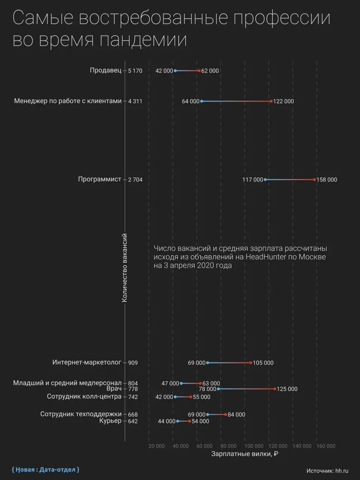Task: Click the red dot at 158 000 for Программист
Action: coord(314,180)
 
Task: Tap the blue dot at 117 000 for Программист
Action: coord(265,180)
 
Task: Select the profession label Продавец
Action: coord(105,70)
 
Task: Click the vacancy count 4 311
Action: coord(135,102)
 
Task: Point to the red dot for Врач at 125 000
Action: coord(275,389)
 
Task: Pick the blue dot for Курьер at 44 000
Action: coord(178,421)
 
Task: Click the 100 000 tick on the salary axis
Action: coord(253,446)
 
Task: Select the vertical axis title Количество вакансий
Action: coord(124,268)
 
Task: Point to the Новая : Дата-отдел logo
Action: coord(45,469)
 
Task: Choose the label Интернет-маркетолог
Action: coord(86,363)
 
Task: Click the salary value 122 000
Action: coord(284,102)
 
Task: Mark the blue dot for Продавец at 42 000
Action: coord(175,71)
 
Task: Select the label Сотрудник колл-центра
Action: coord(84,397)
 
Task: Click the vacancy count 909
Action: coord(133,363)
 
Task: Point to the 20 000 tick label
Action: coord(156,446)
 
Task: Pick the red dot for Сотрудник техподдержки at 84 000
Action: coord(226,414)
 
